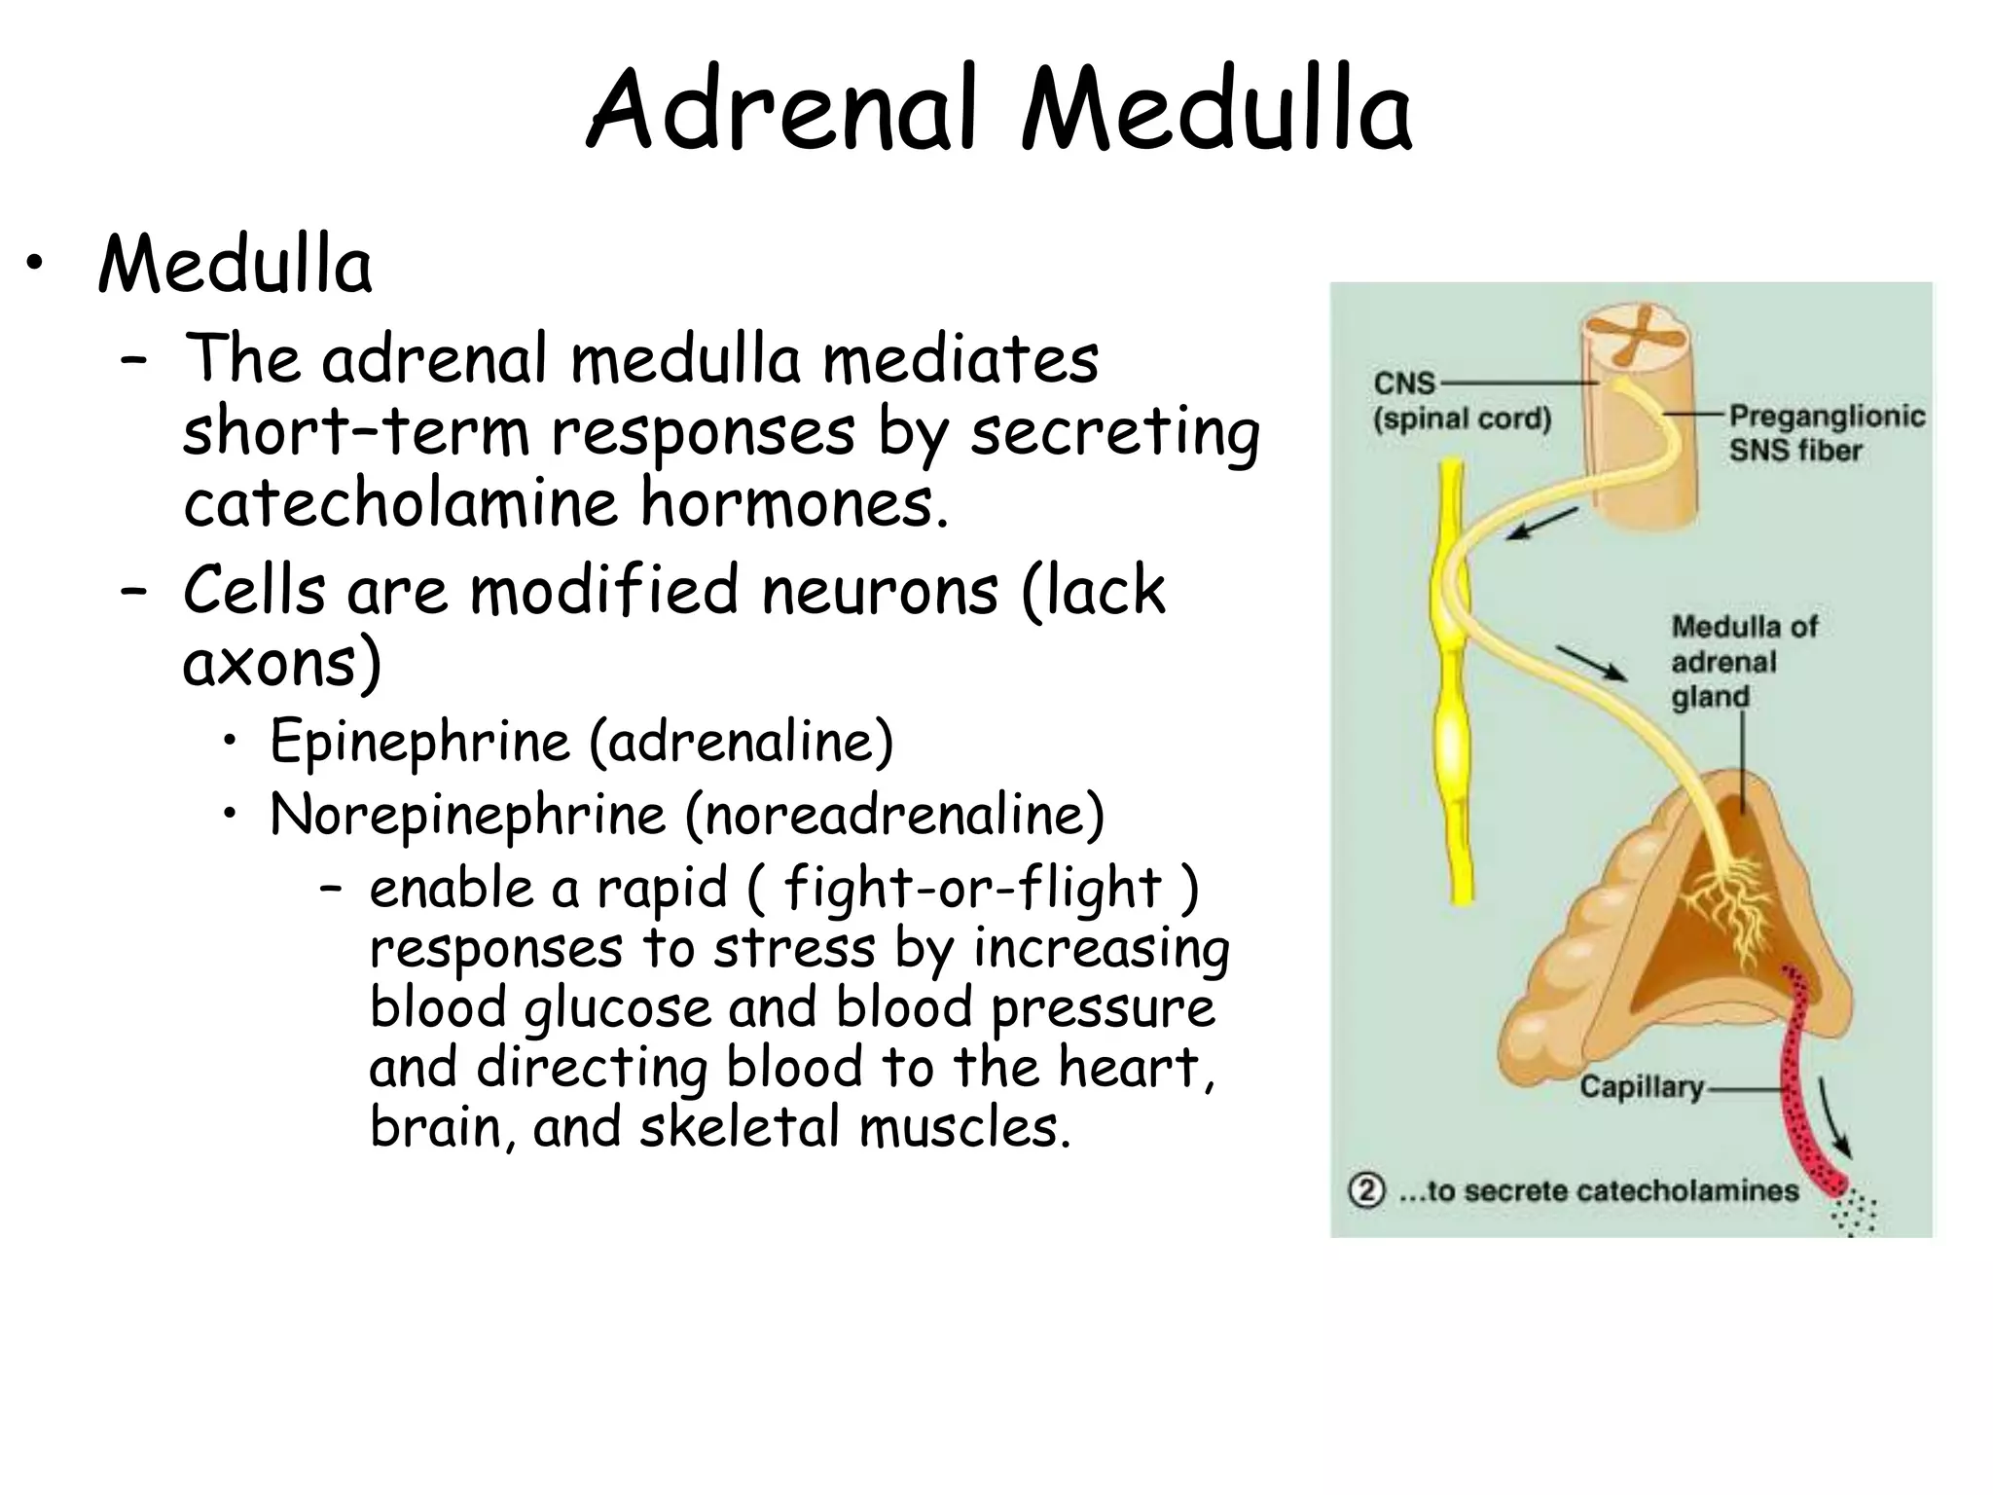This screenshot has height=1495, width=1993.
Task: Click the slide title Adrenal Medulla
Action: point(998,109)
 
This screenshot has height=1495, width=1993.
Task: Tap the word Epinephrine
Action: point(419,742)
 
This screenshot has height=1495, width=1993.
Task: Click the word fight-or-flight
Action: point(973,888)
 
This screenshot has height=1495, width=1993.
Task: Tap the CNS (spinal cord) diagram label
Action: point(1460,401)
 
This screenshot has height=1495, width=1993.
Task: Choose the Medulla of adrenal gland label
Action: point(1743,662)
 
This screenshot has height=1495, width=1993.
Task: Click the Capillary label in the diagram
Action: point(1641,1086)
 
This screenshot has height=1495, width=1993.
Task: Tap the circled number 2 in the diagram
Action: point(1366,1190)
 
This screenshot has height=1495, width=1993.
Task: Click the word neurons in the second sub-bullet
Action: point(880,591)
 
